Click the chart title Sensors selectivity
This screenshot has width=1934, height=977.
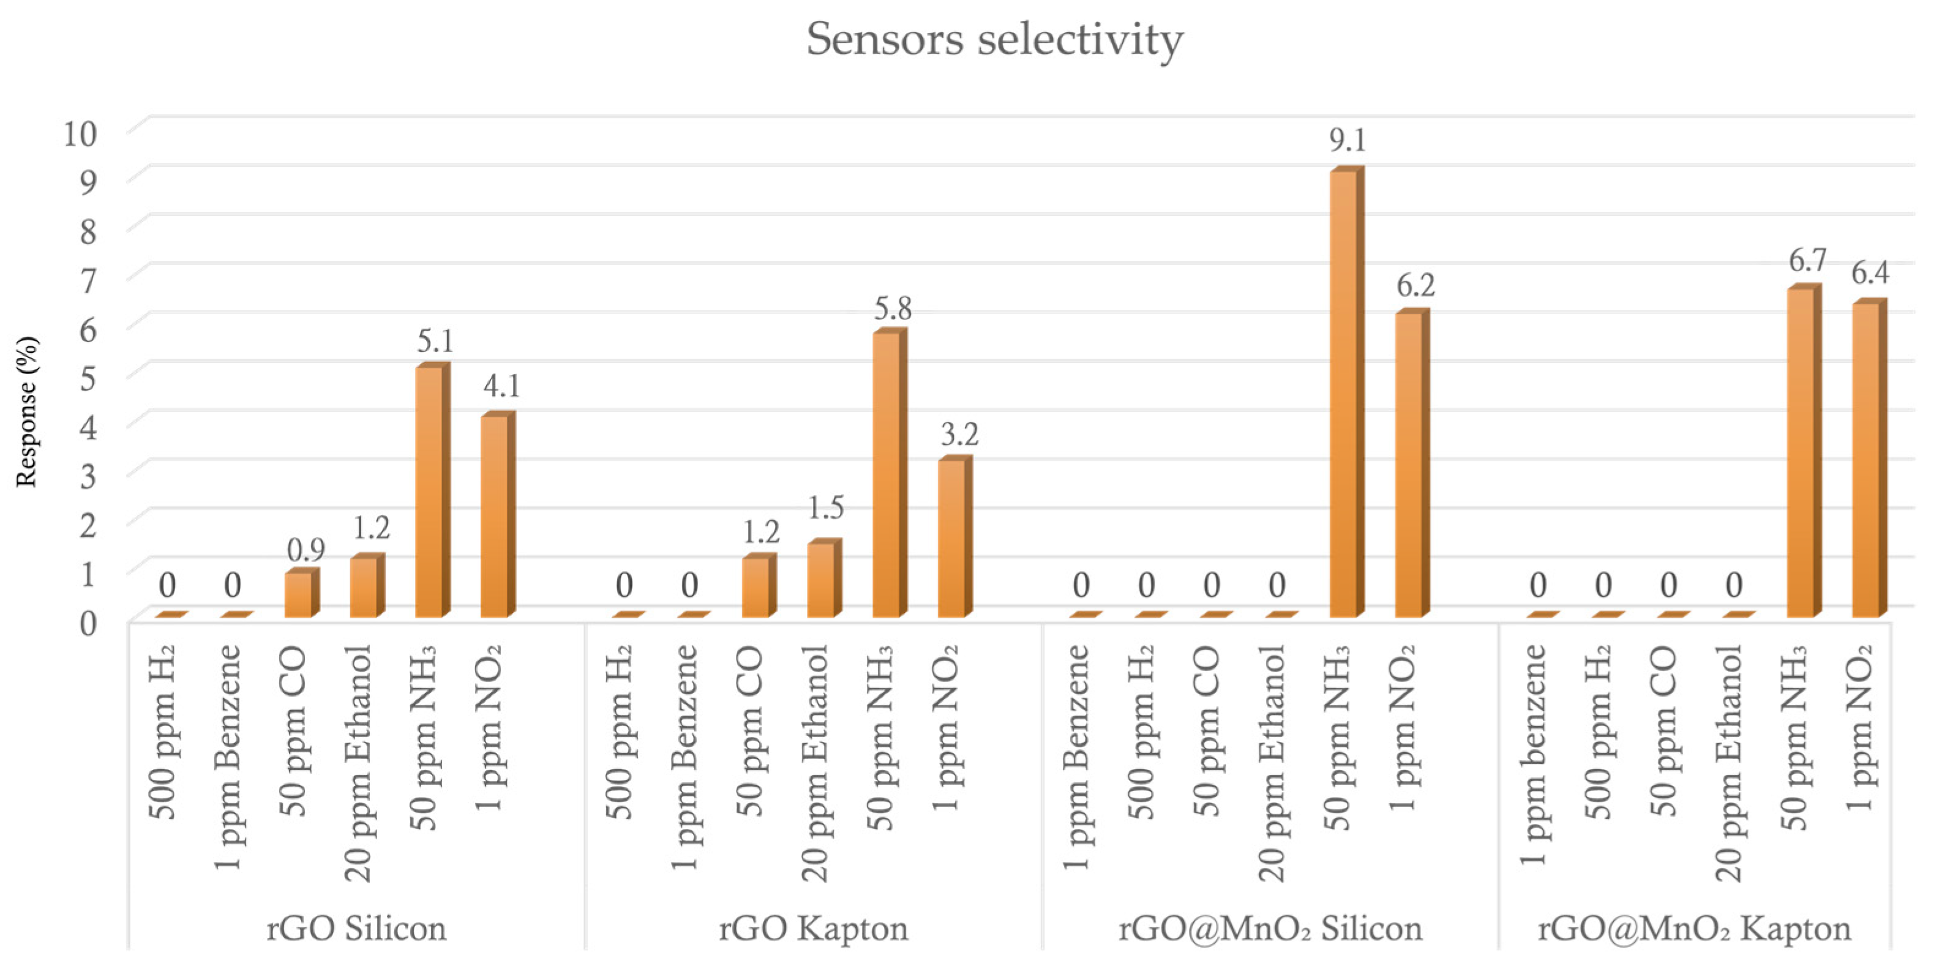(x=994, y=39)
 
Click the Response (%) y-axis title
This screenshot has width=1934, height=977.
(x=27, y=412)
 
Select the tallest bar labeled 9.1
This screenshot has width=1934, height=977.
(x=1344, y=394)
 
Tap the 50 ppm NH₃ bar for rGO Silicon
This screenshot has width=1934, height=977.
(x=429, y=492)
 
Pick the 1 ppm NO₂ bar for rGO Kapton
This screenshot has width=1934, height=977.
(x=953, y=539)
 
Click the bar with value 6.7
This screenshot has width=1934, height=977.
(x=1801, y=452)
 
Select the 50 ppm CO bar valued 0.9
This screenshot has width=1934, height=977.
(x=299, y=595)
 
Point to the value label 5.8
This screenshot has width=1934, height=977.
(x=893, y=309)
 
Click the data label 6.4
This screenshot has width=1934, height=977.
(x=1870, y=272)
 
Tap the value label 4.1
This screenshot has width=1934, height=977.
(x=501, y=386)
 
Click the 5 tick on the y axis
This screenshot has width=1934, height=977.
(x=88, y=378)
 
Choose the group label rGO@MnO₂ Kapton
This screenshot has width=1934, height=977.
(x=1694, y=929)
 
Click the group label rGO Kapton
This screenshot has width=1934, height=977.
(x=813, y=929)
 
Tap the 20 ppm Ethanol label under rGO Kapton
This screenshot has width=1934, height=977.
(x=815, y=762)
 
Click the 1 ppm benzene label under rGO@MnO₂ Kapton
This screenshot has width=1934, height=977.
(x=1533, y=755)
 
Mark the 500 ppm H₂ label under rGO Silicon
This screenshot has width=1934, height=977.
(x=163, y=732)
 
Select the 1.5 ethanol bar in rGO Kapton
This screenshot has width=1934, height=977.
(x=822, y=580)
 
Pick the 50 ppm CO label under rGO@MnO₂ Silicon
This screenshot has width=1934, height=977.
(x=1207, y=732)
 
